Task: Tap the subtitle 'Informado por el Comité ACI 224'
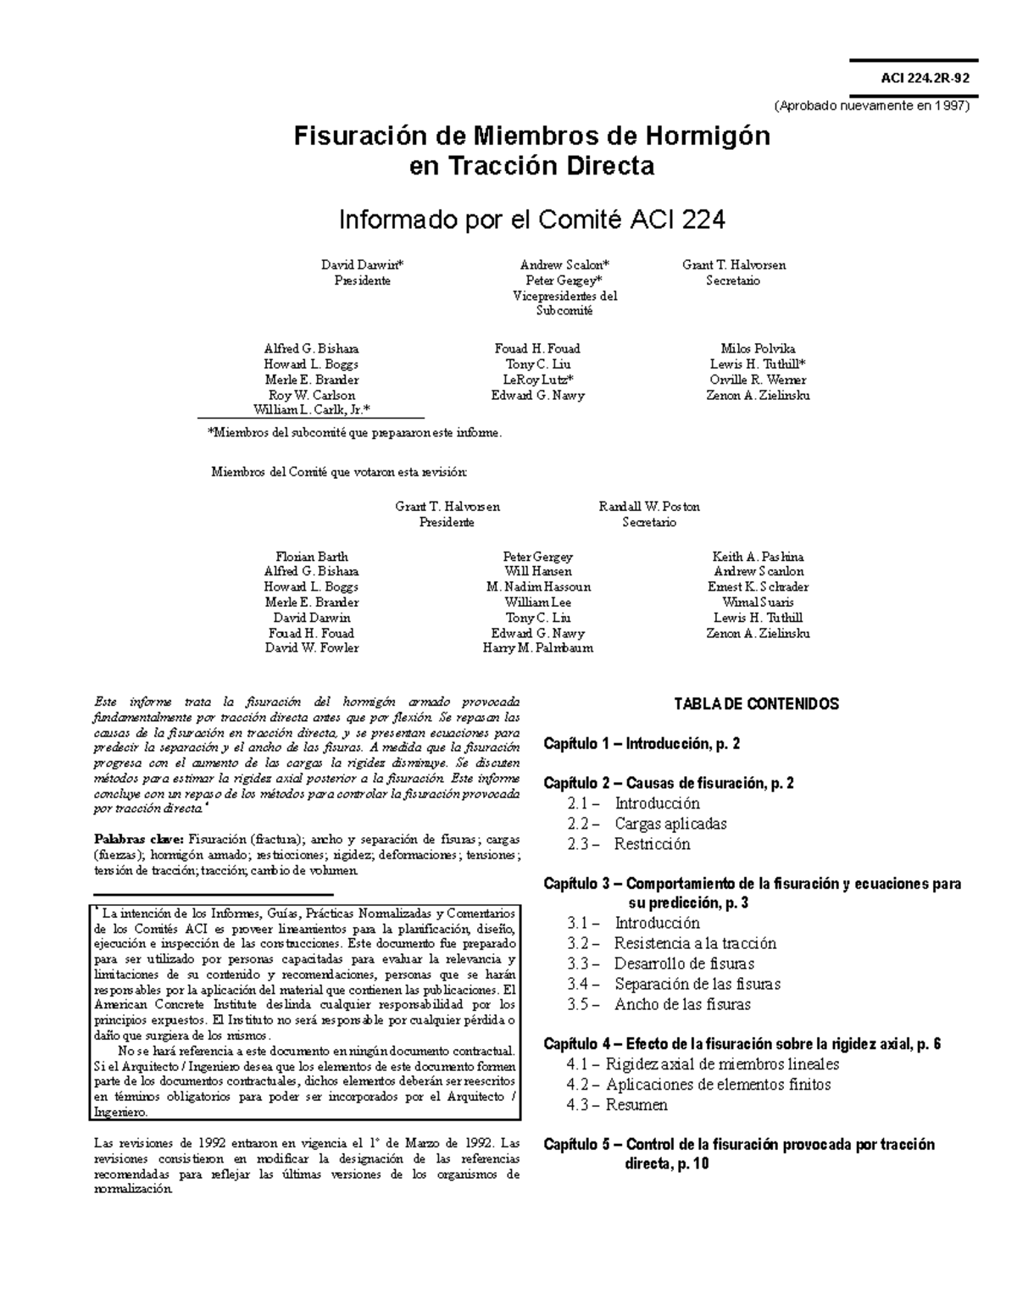531,220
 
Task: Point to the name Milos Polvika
758,349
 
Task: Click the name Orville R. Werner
758,380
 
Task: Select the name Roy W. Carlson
311,395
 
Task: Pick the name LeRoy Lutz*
537,380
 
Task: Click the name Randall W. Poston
649,507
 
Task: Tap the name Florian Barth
311,557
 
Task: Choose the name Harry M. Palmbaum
537,648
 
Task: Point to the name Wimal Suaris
758,602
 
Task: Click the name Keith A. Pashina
758,557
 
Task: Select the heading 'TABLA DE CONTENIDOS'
756,704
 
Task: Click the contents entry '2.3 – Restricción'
629,844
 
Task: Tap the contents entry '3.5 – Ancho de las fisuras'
659,1005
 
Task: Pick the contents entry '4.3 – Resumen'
618,1105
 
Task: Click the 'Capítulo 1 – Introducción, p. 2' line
642,744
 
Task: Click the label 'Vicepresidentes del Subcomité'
564,303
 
